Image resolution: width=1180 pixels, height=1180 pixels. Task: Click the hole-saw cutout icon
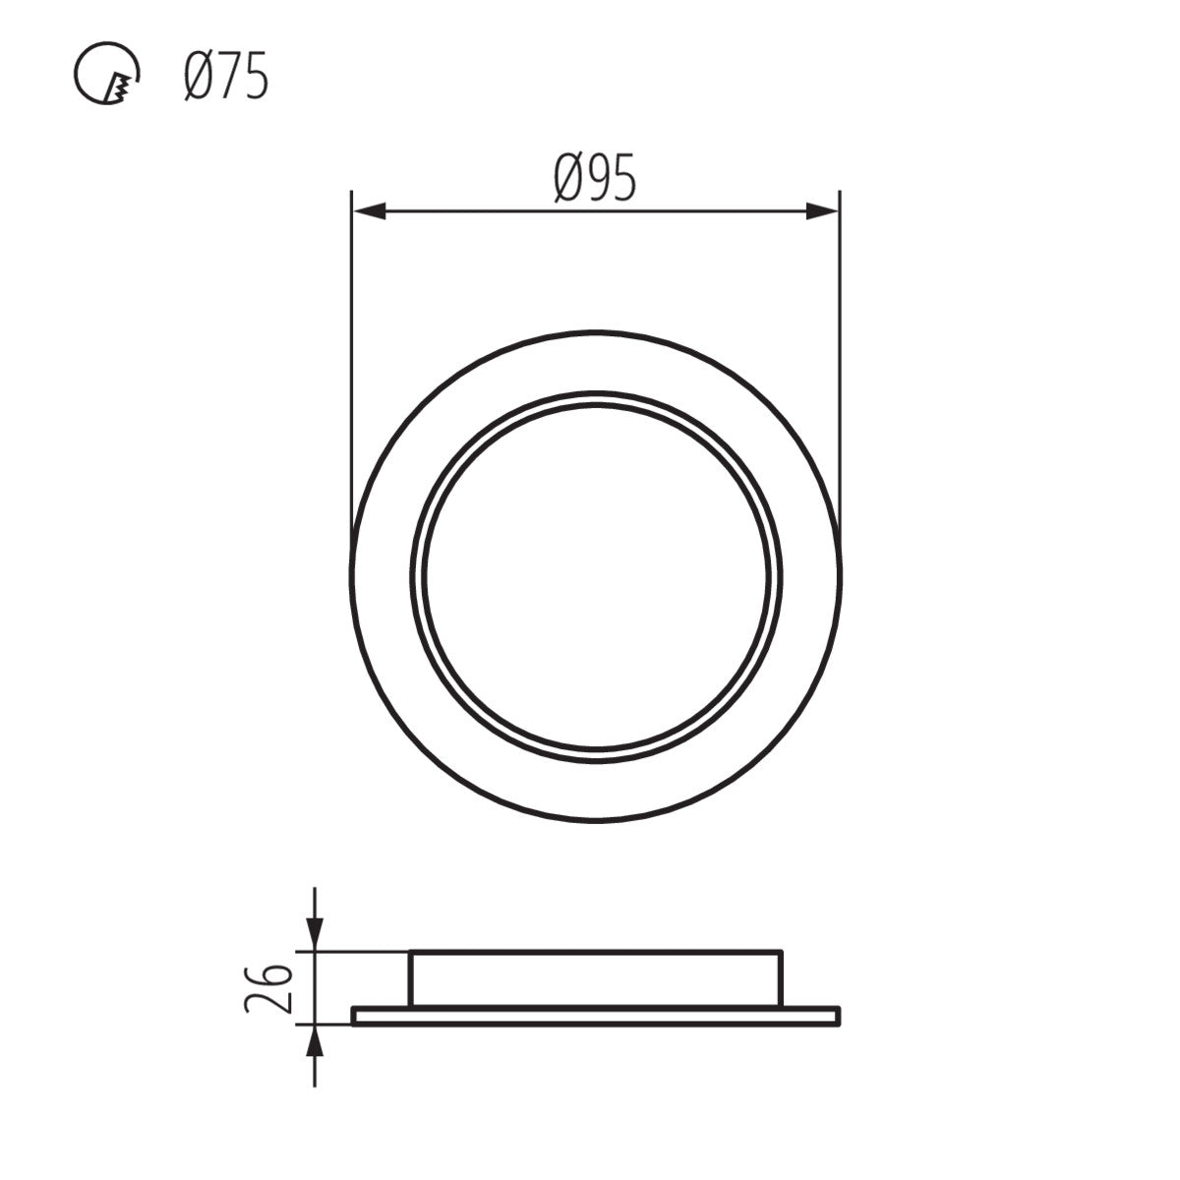click(x=106, y=79)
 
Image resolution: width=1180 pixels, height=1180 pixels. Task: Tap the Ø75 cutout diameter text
click(x=225, y=78)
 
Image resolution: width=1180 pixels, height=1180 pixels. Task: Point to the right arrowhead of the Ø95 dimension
click(x=822, y=210)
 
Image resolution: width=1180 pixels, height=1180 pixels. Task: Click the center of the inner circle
click(x=596, y=576)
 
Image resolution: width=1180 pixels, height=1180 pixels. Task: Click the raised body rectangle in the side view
click(x=596, y=978)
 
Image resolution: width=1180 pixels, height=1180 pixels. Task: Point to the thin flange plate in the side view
click(x=596, y=1016)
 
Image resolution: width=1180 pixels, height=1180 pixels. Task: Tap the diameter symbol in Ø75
click(x=195, y=78)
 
